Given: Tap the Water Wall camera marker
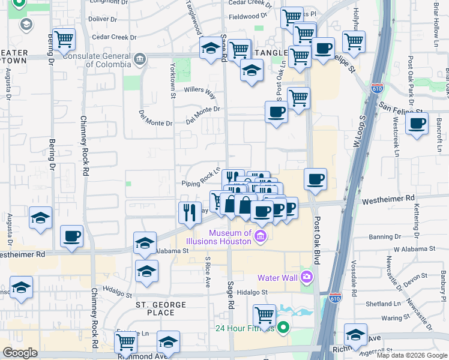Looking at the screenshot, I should pos(307,277).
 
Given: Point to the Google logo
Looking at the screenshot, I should pos(20,353).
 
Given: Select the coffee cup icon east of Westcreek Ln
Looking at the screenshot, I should pos(417,124).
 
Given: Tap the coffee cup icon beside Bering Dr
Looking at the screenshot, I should pos(71,235).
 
